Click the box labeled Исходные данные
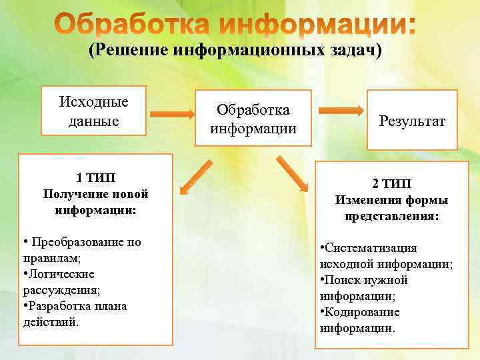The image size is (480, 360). (93, 111)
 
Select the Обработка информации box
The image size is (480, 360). (253, 117)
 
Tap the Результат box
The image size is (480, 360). (411, 121)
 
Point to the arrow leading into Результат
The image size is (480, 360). (340, 111)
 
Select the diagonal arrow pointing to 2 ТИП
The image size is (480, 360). (293, 175)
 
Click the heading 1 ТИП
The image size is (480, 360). (95, 177)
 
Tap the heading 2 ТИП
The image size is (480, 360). (391, 183)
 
